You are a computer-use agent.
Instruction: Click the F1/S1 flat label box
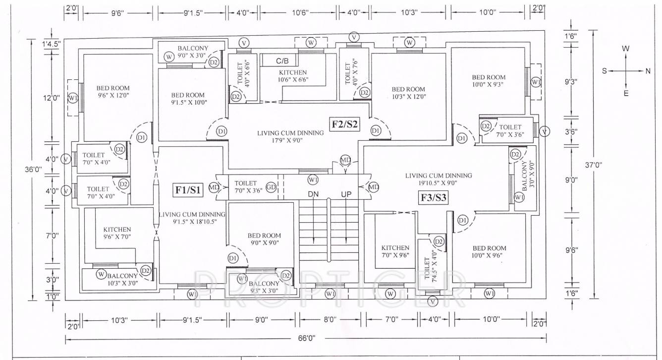(188, 189)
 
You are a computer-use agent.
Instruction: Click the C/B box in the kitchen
(282, 61)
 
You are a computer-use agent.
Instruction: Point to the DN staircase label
(313, 194)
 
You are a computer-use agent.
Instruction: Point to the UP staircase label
(346, 194)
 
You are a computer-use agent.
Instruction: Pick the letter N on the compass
(648, 71)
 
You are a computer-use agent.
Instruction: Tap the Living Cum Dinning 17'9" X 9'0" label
(290, 136)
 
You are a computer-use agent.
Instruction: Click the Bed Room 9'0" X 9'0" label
(264, 239)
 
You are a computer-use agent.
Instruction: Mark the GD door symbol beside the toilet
(271, 187)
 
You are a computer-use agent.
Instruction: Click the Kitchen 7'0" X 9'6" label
(395, 251)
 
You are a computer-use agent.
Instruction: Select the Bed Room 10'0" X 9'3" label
(488, 81)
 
